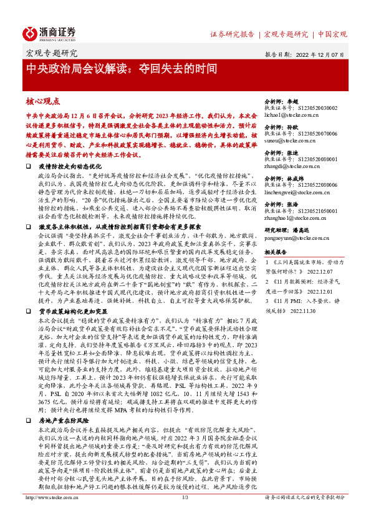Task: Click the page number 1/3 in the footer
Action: point(185,515)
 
